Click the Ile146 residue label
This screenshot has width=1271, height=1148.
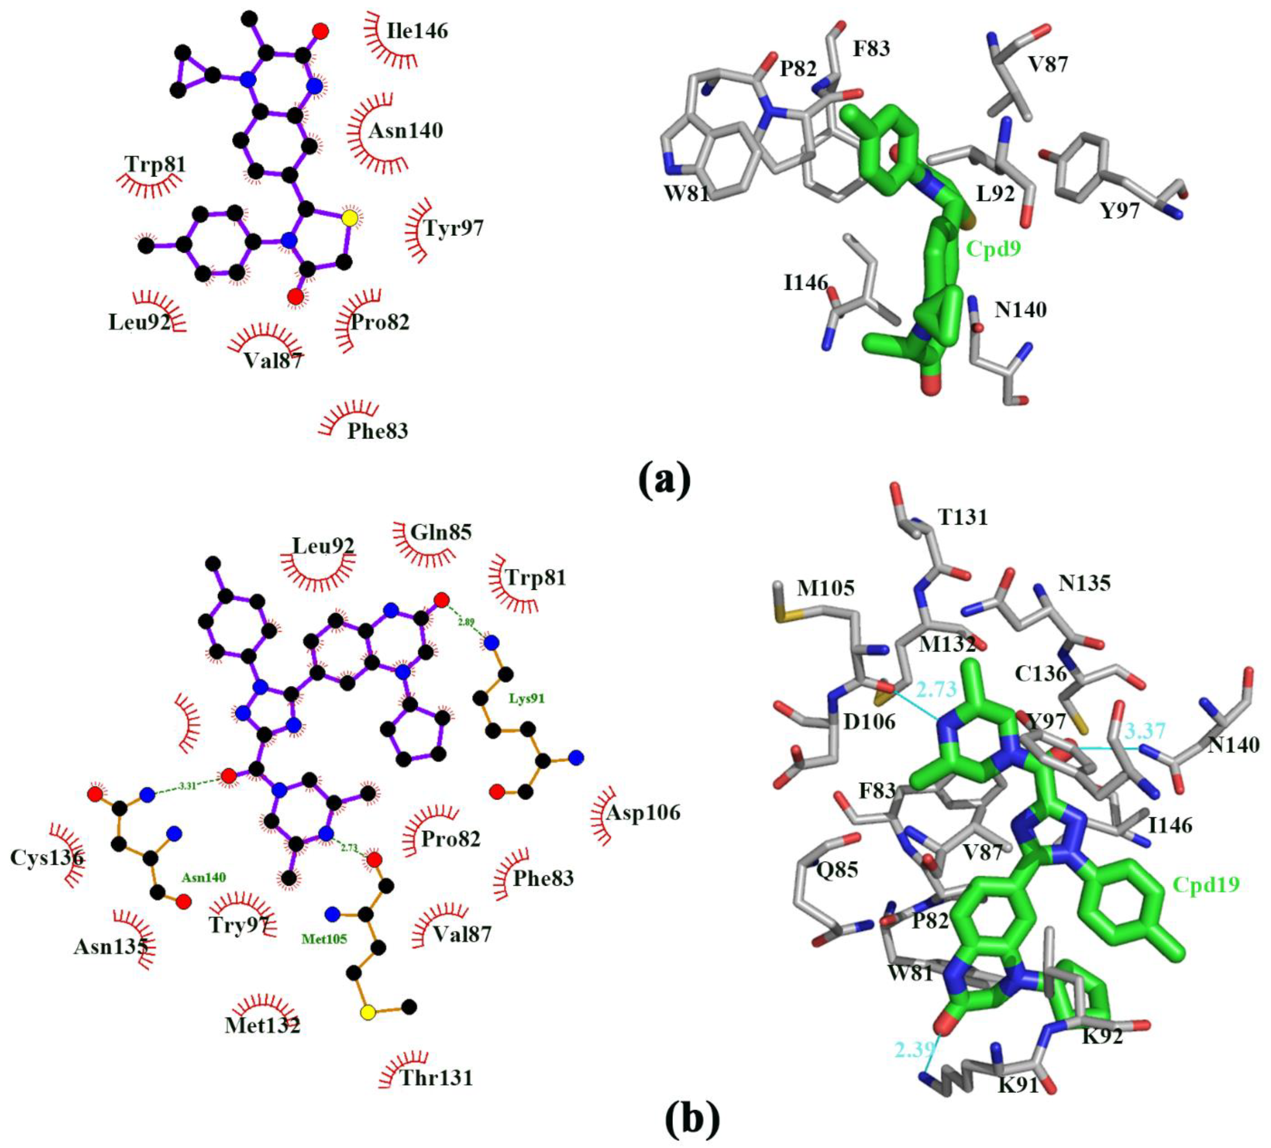(x=417, y=31)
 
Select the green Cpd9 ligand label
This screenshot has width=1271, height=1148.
(x=993, y=250)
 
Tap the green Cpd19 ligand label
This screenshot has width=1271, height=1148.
(x=1205, y=884)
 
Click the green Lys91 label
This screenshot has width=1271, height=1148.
(x=527, y=698)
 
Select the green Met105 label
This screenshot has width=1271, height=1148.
(x=324, y=939)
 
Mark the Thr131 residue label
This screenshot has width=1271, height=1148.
(x=436, y=1077)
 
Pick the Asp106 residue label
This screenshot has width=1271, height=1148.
(x=643, y=812)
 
